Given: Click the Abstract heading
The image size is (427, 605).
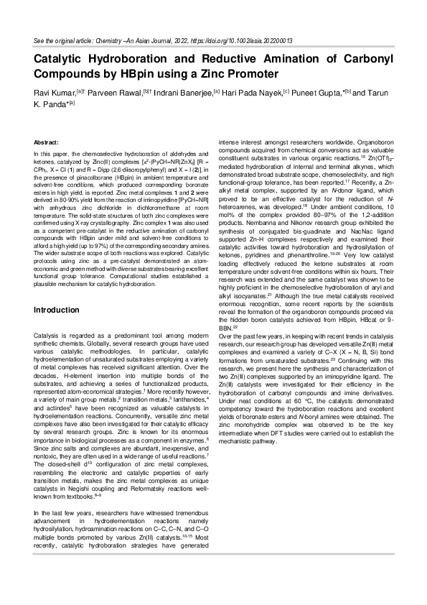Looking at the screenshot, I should click(47, 143).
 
